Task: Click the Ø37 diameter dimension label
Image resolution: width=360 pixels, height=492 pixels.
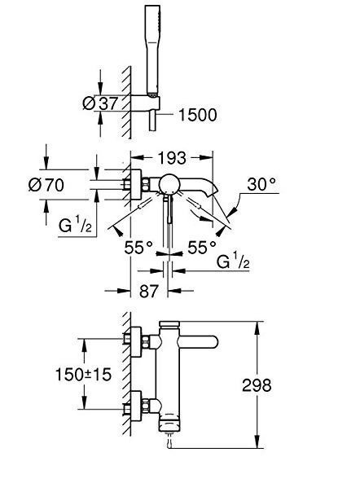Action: coord(100,103)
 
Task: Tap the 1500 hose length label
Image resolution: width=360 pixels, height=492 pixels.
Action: coord(197,115)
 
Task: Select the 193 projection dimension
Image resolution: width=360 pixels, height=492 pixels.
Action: coord(172,158)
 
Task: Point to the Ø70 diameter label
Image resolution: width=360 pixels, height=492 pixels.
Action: coord(46,185)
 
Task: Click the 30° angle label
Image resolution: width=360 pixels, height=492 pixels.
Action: coord(261,184)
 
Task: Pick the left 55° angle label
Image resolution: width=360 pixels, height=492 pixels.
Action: coord(138,248)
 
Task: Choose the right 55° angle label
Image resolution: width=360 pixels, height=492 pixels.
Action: coord(202,248)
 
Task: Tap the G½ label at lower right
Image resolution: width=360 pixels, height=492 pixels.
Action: coord(233,261)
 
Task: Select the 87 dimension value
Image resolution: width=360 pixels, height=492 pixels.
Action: coord(149,291)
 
